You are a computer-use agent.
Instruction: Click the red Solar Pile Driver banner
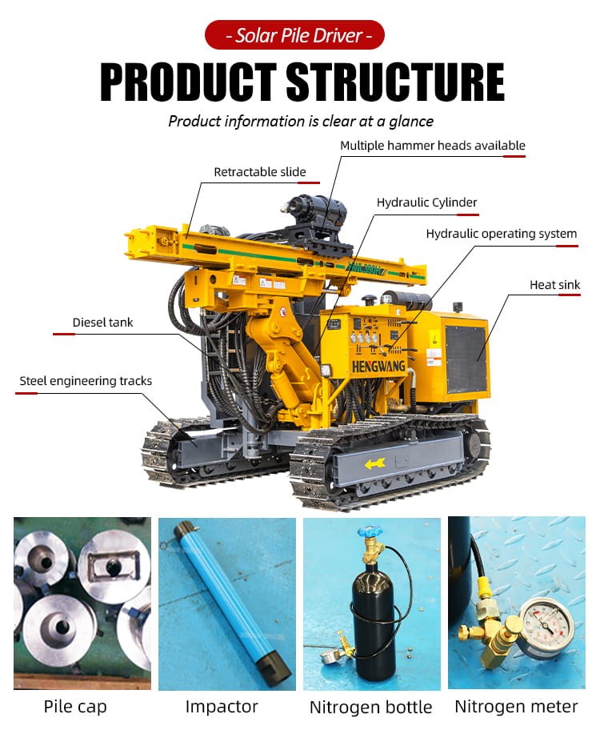click(294, 35)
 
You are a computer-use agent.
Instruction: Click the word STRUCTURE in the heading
click(395, 82)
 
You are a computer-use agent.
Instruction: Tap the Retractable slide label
click(260, 172)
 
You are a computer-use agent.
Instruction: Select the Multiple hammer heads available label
click(433, 145)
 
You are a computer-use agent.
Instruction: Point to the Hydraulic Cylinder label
click(427, 203)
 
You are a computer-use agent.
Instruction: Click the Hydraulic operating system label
click(502, 233)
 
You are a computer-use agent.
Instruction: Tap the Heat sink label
click(555, 284)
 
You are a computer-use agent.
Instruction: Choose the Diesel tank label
click(102, 322)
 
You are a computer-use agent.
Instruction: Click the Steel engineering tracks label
click(86, 381)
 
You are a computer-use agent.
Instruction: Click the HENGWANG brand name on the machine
click(378, 367)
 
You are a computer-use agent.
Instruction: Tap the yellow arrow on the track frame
click(374, 463)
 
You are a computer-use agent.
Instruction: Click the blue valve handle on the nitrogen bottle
click(369, 531)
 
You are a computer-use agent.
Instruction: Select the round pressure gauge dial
click(546, 624)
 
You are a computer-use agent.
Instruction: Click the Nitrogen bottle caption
click(370, 708)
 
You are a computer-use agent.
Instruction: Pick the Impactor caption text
click(222, 707)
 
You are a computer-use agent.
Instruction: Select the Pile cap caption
click(75, 707)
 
